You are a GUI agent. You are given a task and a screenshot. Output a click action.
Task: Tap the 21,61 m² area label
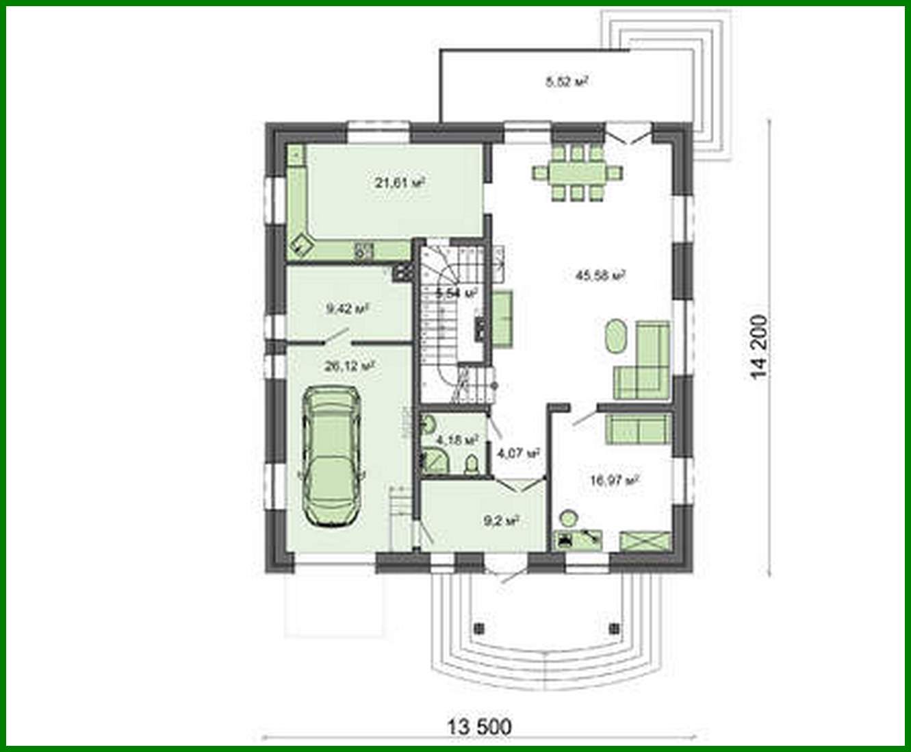[x=399, y=183]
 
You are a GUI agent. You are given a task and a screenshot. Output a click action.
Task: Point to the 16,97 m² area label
[x=614, y=480]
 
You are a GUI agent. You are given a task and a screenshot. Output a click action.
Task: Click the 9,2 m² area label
[x=501, y=521]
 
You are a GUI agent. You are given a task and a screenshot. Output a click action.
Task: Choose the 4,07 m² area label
[x=518, y=453]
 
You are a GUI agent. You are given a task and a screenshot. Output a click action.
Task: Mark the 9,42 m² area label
[x=348, y=309]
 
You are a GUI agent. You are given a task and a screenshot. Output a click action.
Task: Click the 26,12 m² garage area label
[x=349, y=366]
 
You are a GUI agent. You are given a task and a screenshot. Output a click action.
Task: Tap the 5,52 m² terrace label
[x=567, y=82]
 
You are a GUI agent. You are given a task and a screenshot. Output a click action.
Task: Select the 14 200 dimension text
[x=759, y=348]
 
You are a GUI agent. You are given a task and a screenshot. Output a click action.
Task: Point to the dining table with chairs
[x=578, y=171]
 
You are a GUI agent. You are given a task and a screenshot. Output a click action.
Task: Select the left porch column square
[x=479, y=627]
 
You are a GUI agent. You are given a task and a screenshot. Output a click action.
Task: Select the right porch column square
[x=614, y=627]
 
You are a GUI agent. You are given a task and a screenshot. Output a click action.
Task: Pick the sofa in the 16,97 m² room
[x=637, y=429]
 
